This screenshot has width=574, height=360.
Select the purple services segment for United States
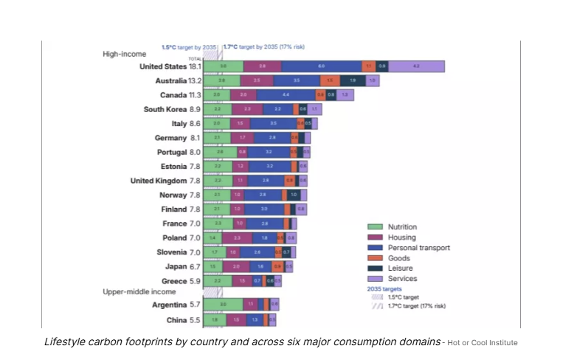coord(416,66)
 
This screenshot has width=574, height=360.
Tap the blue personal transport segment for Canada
coord(286,95)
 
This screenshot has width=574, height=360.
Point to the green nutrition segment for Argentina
coord(223,304)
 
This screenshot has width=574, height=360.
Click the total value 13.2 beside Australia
coord(195,80)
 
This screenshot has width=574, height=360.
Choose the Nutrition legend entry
coord(403,227)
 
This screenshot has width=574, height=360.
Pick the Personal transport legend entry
coord(418,248)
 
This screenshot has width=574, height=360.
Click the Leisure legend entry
coord(399,269)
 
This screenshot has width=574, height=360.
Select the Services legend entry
coord(402,279)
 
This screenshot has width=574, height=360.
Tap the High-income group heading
coord(124,54)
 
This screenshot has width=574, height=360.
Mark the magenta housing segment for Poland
coord(237,238)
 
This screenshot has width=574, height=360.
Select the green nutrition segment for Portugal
coord(220,152)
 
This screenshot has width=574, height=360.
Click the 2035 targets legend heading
coord(387,289)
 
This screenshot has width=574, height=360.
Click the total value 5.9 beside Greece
coord(195,281)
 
